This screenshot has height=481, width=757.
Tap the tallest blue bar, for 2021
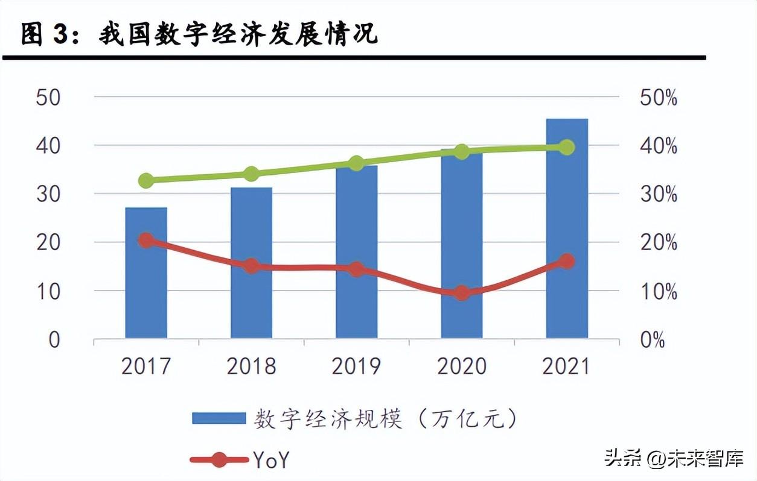pos(567,228)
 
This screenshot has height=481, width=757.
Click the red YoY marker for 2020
pos(462,293)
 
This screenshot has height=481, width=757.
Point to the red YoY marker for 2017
pos(146,241)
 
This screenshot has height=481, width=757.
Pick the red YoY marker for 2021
pos(567,261)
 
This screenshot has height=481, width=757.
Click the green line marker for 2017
pos(146,180)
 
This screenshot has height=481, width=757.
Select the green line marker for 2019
pos(356,163)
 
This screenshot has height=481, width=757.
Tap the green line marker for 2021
pos(567,147)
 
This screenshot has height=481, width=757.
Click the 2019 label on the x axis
pos(356,366)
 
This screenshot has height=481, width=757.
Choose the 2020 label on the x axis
pos(462,366)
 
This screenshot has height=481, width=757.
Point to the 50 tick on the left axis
pos(48,98)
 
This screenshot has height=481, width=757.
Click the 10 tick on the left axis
pos(48,291)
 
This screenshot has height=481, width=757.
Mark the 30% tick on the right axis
pos(658,195)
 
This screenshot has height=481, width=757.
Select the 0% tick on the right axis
pos(652,341)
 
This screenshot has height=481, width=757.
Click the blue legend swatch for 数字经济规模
pos(219,418)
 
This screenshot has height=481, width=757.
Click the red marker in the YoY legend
pos(219,460)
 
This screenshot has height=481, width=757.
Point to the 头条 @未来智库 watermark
pos(674,459)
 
